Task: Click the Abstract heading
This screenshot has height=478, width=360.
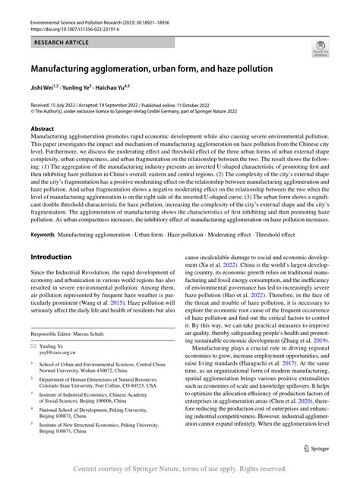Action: coord(42,130)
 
